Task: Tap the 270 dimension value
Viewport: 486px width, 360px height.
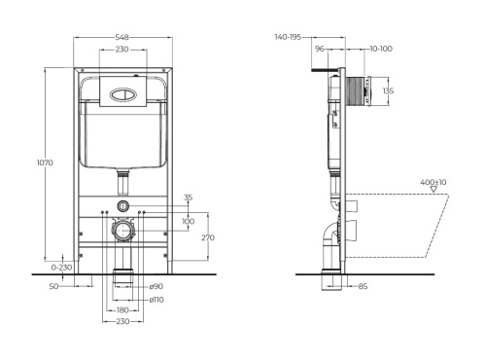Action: [x=208, y=235]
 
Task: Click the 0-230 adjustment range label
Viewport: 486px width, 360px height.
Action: [x=61, y=267]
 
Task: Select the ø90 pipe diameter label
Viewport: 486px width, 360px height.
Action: [x=156, y=287]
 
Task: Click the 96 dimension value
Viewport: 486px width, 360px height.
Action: [x=318, y=47]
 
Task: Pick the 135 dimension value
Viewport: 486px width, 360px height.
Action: [x=389, y=91]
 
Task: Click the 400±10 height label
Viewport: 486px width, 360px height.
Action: [x=434, y=182]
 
